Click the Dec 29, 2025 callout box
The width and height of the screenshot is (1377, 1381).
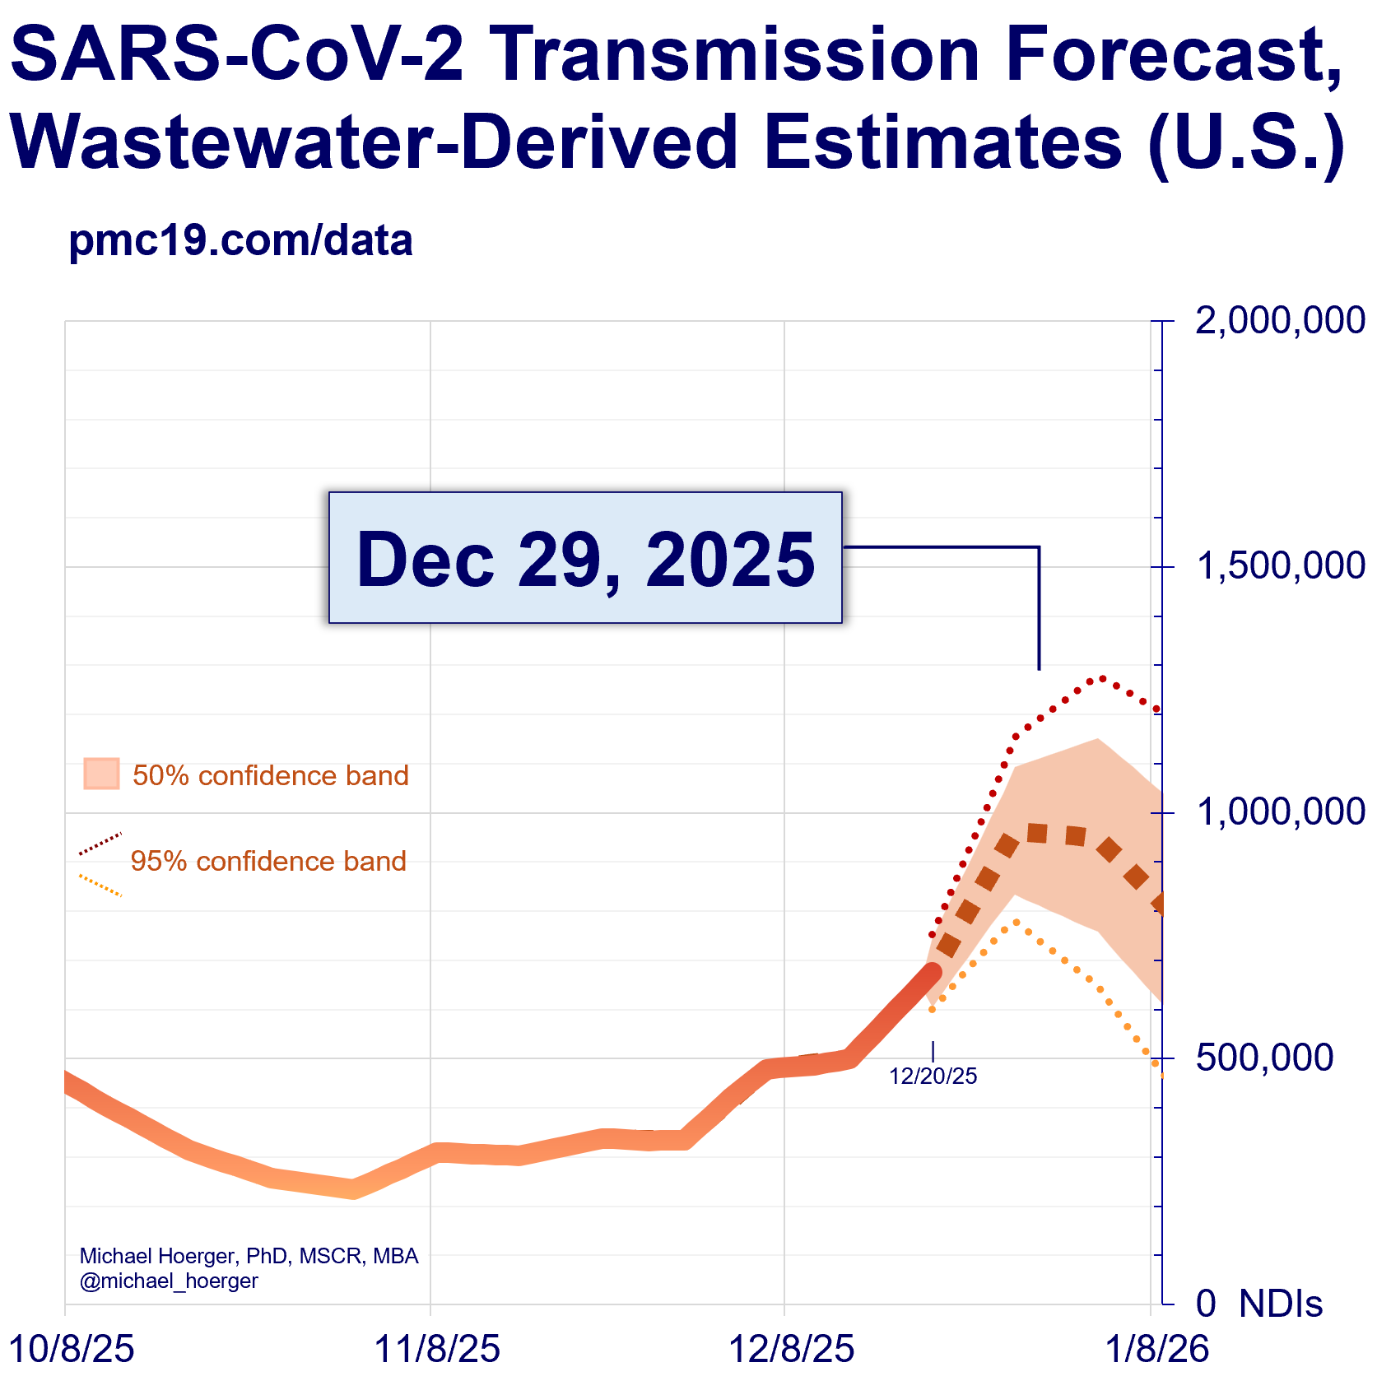585,558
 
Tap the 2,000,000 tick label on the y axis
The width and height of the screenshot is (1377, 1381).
1280,321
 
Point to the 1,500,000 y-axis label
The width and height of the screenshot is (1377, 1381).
1280,566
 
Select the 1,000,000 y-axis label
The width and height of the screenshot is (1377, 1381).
1280,812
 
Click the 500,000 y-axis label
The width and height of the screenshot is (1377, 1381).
1264,1058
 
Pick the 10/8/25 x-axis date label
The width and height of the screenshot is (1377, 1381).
71,1350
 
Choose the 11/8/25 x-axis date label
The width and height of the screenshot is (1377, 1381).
437,1350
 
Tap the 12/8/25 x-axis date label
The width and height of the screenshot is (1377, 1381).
792,1350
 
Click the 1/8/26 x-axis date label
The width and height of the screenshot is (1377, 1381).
1156,1350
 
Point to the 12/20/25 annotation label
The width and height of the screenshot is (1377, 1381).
933,1076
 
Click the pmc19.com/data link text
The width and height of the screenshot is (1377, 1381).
240,241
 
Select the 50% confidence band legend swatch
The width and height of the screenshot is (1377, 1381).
101,774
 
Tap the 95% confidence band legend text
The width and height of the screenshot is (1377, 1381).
268,861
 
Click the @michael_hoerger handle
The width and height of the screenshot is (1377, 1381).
169,1281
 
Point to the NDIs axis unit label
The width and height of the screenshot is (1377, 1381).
1281,1304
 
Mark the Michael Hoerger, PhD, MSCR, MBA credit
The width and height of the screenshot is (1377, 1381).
249,1256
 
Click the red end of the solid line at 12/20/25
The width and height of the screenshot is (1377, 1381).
931,971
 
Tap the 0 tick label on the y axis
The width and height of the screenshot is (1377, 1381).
1206,1304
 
